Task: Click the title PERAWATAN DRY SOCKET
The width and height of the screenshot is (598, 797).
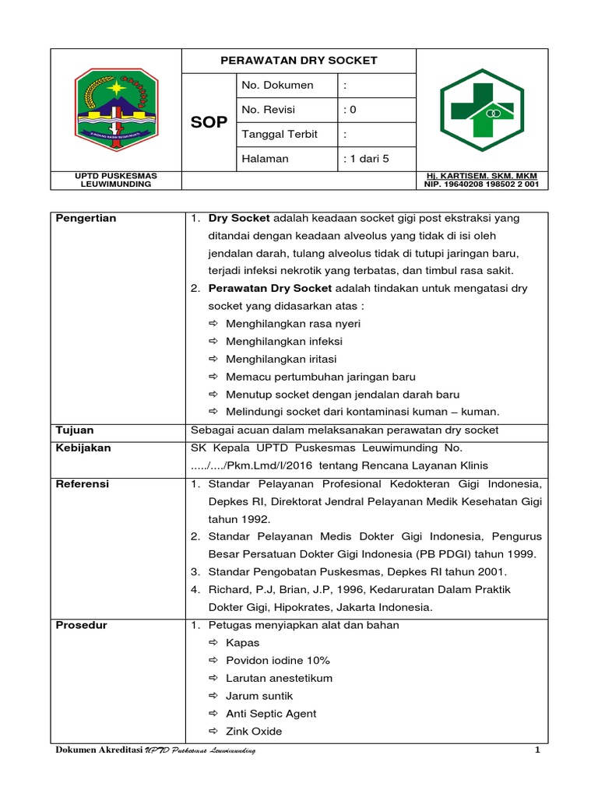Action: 299,60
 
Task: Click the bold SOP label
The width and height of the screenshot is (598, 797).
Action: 209,123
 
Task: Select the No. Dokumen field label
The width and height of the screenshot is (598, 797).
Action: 278,85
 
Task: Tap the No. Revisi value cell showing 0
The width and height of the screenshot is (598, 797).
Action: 350,110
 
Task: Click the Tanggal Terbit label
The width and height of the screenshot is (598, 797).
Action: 280,134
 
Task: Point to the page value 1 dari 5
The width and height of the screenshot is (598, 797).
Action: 365,159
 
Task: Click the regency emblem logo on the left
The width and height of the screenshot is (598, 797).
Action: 116,110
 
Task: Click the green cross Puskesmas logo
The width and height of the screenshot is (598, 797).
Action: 483,111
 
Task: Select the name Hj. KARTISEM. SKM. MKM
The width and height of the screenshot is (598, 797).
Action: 482,176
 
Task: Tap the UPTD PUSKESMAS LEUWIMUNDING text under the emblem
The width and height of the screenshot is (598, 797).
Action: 114,181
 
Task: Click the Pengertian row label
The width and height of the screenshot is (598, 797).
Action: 86,218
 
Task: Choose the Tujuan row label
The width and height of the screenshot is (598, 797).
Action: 75,430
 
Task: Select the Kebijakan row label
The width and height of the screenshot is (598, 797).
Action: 83,448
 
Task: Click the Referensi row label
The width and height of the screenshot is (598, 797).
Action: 83,483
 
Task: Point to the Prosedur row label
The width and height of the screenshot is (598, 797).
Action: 82,625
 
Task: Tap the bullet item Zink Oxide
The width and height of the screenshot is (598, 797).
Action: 254,731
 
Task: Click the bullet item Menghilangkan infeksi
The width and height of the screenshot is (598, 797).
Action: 283,341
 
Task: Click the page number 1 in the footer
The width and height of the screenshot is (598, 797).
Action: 536,750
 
